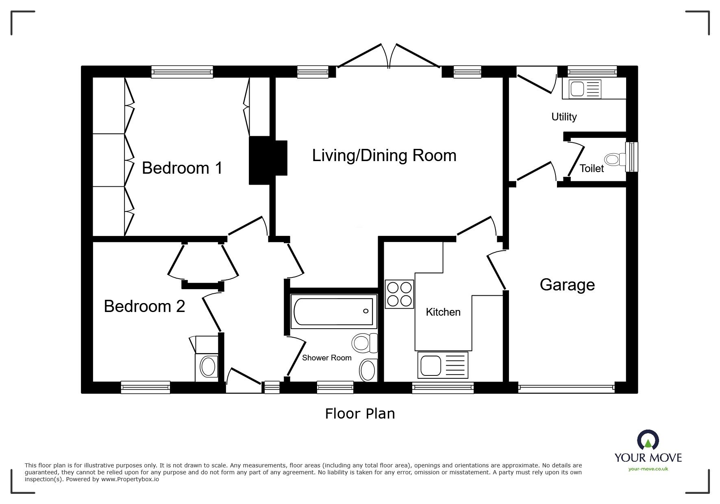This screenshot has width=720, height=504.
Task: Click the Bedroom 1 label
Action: coord(182,168)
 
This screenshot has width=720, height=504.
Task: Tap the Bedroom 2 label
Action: coord(144,306)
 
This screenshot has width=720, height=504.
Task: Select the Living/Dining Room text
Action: coord(384,156)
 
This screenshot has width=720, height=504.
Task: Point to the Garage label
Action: coord(567,285)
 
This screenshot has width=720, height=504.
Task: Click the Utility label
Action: coord(564,117)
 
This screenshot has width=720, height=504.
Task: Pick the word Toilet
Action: coord(592,168)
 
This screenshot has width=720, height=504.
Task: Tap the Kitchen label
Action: coord(443,312)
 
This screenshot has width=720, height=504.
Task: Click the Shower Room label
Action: coord(326,358)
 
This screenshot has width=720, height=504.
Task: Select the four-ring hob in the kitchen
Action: coord(399,294)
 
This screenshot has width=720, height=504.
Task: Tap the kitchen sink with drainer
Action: coord(443,364)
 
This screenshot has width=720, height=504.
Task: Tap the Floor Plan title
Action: coord(360,414)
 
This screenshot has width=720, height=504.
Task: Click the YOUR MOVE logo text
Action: coord(648,458)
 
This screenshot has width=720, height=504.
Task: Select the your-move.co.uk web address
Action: coord(648,469)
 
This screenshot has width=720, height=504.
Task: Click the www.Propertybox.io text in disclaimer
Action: coord(130,479)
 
